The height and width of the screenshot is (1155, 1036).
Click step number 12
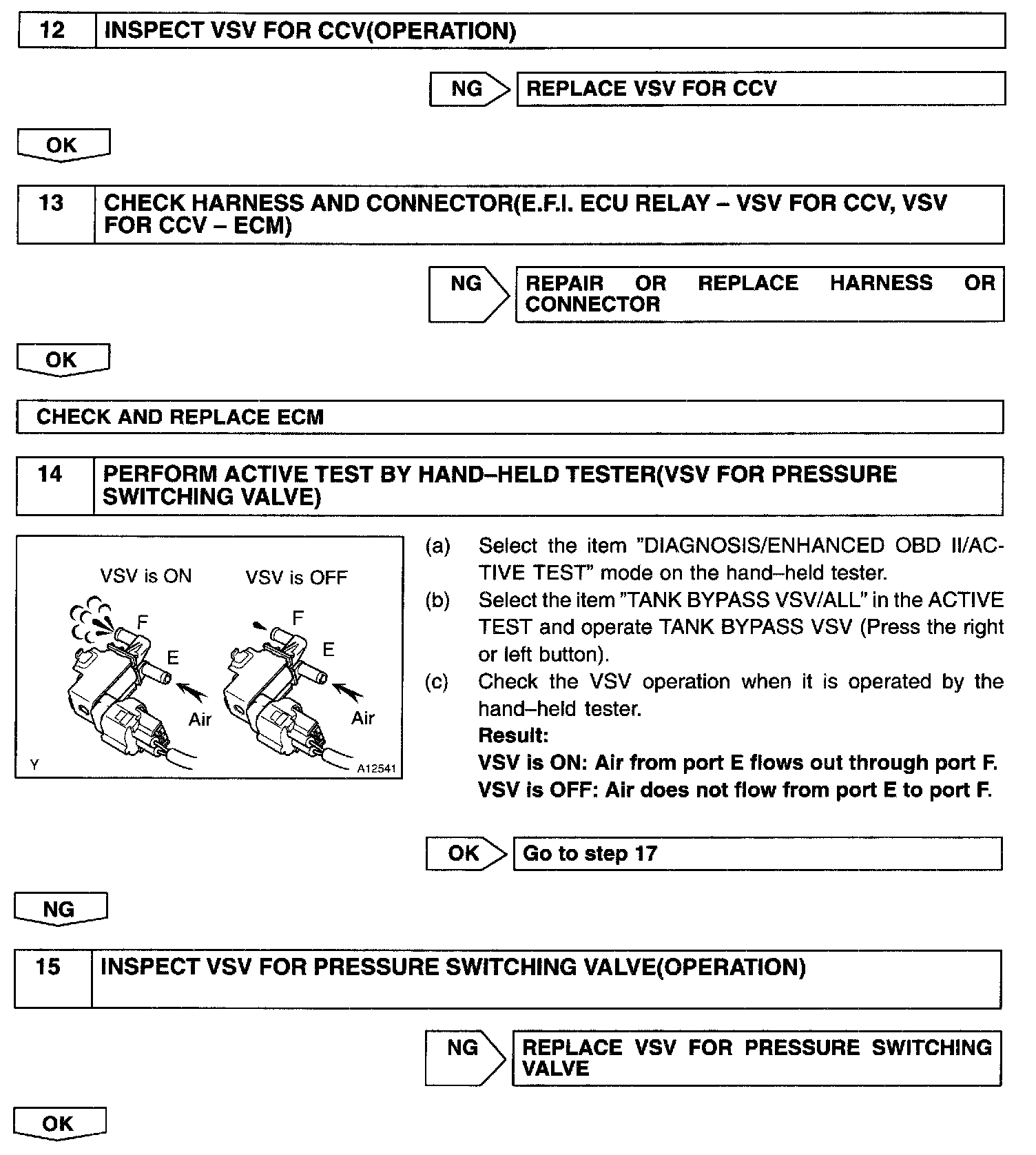[x=53, y=31]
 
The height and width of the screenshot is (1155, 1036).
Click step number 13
[x=52, y=203]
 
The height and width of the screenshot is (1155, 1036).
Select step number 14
[x=50, y=475]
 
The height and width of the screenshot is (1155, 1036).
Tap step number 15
[x=48, y=967]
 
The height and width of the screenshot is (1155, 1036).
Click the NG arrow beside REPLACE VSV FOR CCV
[x=468, y=89]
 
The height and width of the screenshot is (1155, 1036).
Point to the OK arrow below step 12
[x=62, y=145]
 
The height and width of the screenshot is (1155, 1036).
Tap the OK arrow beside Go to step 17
[x=465, y=854]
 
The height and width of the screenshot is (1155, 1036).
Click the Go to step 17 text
[x=590, y=854]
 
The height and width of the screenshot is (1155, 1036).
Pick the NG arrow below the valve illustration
[x=59, y=910]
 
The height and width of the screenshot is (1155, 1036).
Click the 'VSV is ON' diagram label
[x=146, y=576]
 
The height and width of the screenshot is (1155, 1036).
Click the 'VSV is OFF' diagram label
[x=297, y=577]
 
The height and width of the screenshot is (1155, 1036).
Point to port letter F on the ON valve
[x=143, y=622]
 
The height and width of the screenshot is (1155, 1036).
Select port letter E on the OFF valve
[x=329, y=650]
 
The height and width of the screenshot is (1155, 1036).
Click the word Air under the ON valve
[x=200, y=719]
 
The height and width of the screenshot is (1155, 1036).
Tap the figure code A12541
[x=377, y=768]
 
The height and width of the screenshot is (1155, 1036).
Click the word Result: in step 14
[x=513, y=736]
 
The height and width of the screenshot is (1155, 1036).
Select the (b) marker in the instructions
[x=437, y=600]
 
